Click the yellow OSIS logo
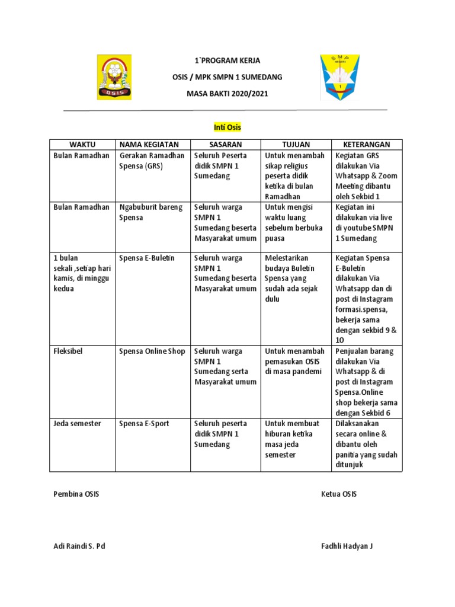[114, 77]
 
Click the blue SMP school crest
[339, 77]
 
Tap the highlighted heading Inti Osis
[227, 127]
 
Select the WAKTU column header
[82, 145]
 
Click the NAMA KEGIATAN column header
[153, 145]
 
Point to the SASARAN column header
[225, 145]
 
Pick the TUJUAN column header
[296, 145]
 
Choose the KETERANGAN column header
[366, 145]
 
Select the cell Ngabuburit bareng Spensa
[151, 212]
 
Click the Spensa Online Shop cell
[152, 352]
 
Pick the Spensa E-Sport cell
[144, 424]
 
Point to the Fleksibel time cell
[68, 352]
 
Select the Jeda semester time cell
[77, 424]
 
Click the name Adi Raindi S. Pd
[79, 547]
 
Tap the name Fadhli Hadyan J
[347, 547]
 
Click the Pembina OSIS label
[76, 494]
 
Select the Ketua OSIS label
[339, 494]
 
